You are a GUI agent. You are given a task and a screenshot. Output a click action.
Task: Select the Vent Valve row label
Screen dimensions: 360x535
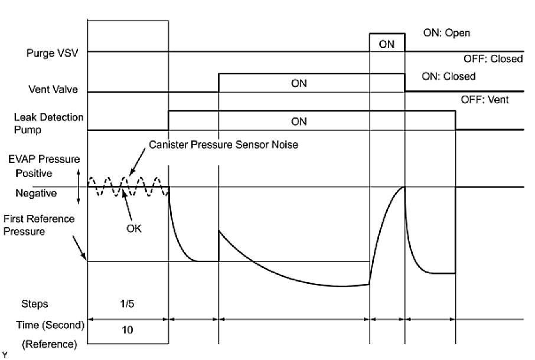[x=54, y=91]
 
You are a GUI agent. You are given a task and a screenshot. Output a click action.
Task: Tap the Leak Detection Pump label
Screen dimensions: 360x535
[x=49, y=123]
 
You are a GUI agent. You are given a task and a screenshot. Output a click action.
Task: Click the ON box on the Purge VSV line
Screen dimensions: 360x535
[x=387, y=43]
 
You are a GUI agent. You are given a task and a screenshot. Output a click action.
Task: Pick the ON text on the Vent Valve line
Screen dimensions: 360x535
[x=299, y=83]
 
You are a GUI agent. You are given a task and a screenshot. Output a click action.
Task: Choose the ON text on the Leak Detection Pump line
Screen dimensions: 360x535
[x=299, y=122]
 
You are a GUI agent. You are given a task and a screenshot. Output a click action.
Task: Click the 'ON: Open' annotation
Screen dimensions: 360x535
[x=447, y=33]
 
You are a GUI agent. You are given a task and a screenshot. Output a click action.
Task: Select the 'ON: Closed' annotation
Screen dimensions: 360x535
[x=449, y=77]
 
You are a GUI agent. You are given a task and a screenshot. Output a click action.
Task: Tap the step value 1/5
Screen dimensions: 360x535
[x=128, y=304]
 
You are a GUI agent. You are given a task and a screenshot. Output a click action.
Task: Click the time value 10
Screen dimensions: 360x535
[x=128, y=330]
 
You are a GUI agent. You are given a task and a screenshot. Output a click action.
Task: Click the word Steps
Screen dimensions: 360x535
[x=35, y=304]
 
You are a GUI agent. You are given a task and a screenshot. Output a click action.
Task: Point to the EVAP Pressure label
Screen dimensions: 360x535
[x=44, y=160]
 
